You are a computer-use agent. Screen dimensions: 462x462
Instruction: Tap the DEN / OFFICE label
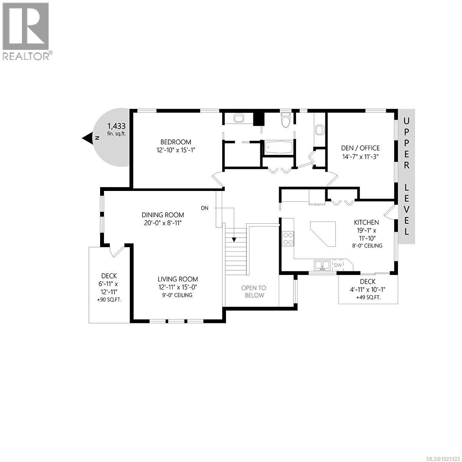point(360,148)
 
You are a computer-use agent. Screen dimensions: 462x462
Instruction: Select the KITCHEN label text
point(366,222)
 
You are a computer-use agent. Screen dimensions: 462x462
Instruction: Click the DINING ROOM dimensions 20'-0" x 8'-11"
point(162,223)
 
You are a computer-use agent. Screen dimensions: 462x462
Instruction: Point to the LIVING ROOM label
point(177,279)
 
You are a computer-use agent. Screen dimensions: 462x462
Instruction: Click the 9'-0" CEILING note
point(177,295)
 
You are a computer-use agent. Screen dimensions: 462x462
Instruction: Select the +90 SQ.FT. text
point(109,300)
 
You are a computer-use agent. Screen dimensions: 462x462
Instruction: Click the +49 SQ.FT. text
point(367,297)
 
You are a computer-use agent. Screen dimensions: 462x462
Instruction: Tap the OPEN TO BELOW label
point(253,291)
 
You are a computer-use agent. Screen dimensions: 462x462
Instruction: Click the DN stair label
point(204,208)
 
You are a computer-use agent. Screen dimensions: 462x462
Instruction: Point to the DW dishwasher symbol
point(338,265)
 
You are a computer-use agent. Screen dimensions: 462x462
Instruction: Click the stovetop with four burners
point(288,238)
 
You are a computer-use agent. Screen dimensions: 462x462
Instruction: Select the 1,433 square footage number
point(116,126)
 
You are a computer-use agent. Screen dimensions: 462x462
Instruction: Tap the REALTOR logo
point(26,31)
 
